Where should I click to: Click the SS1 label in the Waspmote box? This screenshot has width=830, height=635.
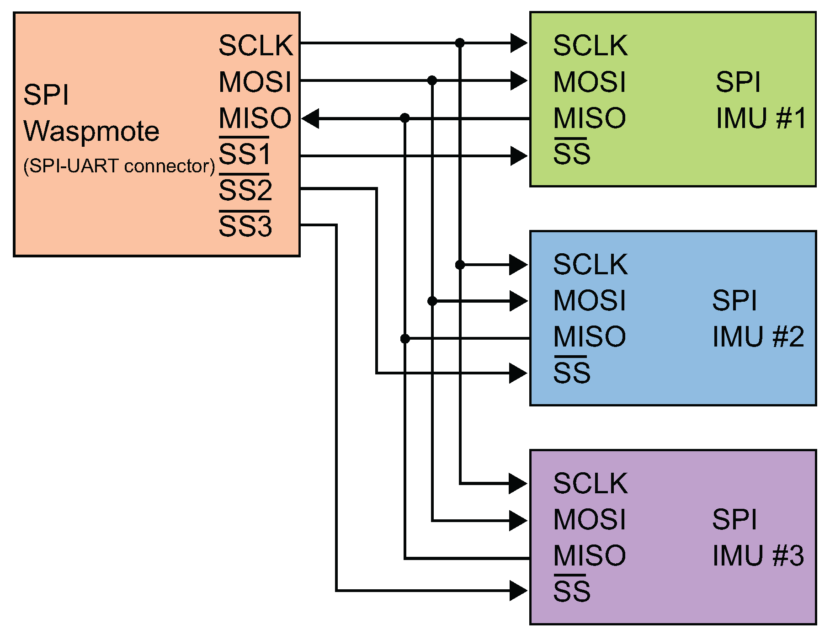245,154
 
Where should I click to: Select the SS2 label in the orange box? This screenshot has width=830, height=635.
245,190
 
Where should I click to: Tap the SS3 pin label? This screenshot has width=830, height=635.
245,226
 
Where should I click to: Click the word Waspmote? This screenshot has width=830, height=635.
91,132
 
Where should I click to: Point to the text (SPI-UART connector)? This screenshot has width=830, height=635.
119,166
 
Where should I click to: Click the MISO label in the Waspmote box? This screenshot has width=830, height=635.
255,118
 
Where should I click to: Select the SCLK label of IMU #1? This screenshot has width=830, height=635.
590,45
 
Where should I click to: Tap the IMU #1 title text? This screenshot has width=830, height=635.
761,118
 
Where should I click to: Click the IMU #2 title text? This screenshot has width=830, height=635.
758,337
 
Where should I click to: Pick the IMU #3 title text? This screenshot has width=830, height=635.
758,556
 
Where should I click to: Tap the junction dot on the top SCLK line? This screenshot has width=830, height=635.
460,43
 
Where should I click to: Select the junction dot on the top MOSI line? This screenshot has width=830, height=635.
432,80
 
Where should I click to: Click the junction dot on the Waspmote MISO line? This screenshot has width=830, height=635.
404,118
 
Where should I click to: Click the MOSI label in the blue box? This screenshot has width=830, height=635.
589,300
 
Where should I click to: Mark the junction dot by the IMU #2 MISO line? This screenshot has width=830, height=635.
405,338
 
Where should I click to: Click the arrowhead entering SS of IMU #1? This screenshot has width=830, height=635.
519,156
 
